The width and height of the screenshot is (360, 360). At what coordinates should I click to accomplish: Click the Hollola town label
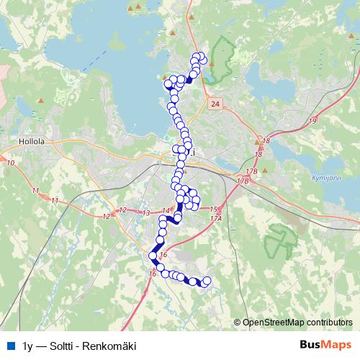click(x=34, y=142)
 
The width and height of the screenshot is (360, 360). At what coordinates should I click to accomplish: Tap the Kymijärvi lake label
click(x=306, y=176)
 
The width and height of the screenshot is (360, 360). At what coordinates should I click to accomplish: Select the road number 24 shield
click(x=215, y=105)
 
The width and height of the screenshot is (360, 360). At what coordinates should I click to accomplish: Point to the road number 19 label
click(x=311, y=121)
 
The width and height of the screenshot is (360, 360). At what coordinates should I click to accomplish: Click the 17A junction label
click(x=216, y=217)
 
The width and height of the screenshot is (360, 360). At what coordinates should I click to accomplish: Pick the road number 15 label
click(x=213, y=209)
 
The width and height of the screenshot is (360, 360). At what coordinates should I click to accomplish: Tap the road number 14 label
click(x=166, y=210)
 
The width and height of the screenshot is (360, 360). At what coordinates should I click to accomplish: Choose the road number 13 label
click(x=146, y=213)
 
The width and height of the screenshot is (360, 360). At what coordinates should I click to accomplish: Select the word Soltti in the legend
click(x=63, y=346)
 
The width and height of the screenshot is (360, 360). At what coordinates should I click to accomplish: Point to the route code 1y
click(x=27, y=346)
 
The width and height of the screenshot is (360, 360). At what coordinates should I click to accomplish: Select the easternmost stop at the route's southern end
click(x=207, y=281)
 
